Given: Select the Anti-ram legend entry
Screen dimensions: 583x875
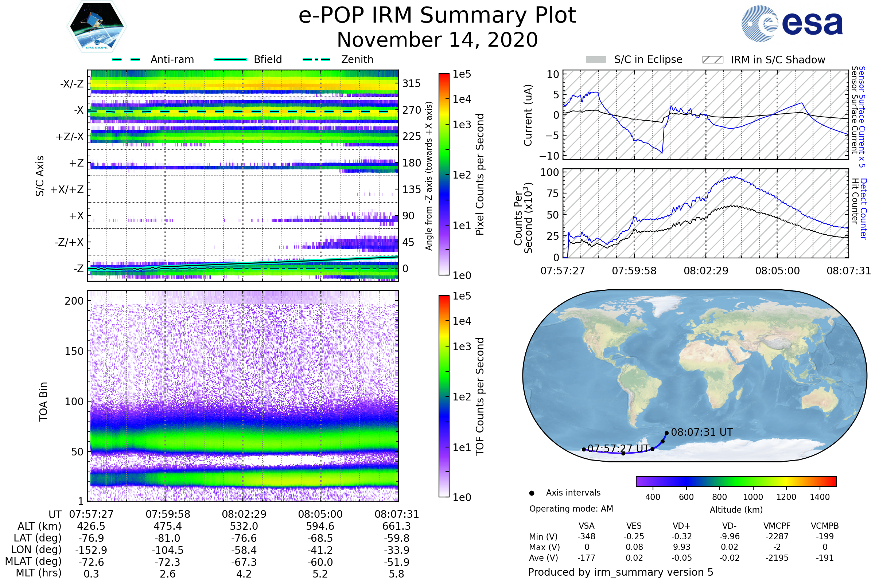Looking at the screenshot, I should pos(172,59).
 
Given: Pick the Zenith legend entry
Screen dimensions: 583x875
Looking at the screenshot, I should pos(357,59).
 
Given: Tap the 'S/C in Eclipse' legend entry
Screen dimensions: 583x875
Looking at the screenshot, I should pos(648,59).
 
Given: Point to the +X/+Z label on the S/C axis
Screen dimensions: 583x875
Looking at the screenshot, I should pos(67,189).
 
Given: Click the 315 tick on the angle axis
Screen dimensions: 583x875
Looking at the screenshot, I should pos(411,83).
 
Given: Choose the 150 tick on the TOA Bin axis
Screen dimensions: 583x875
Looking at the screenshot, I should pos(74,351).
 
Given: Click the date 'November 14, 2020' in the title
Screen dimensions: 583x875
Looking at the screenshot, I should pos(437,40).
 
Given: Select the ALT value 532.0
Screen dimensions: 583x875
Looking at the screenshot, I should pos(244,527).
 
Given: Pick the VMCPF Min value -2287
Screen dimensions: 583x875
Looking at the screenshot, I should pos(777,536).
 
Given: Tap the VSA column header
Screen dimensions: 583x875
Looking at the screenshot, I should pos(586,526).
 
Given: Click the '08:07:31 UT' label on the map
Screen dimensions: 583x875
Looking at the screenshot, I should pos(701,433).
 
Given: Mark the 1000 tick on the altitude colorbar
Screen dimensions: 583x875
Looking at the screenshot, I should pos(752,497).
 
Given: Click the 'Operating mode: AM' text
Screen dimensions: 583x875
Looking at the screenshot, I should pos(571,509).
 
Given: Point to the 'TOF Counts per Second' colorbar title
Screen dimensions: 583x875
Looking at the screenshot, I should pos(480,396).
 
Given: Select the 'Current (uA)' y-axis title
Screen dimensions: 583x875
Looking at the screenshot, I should pos(528,115).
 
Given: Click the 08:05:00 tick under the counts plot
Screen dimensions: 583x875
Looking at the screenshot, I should pos(777,271).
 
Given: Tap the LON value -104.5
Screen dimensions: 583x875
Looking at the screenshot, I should pos(167,550).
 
